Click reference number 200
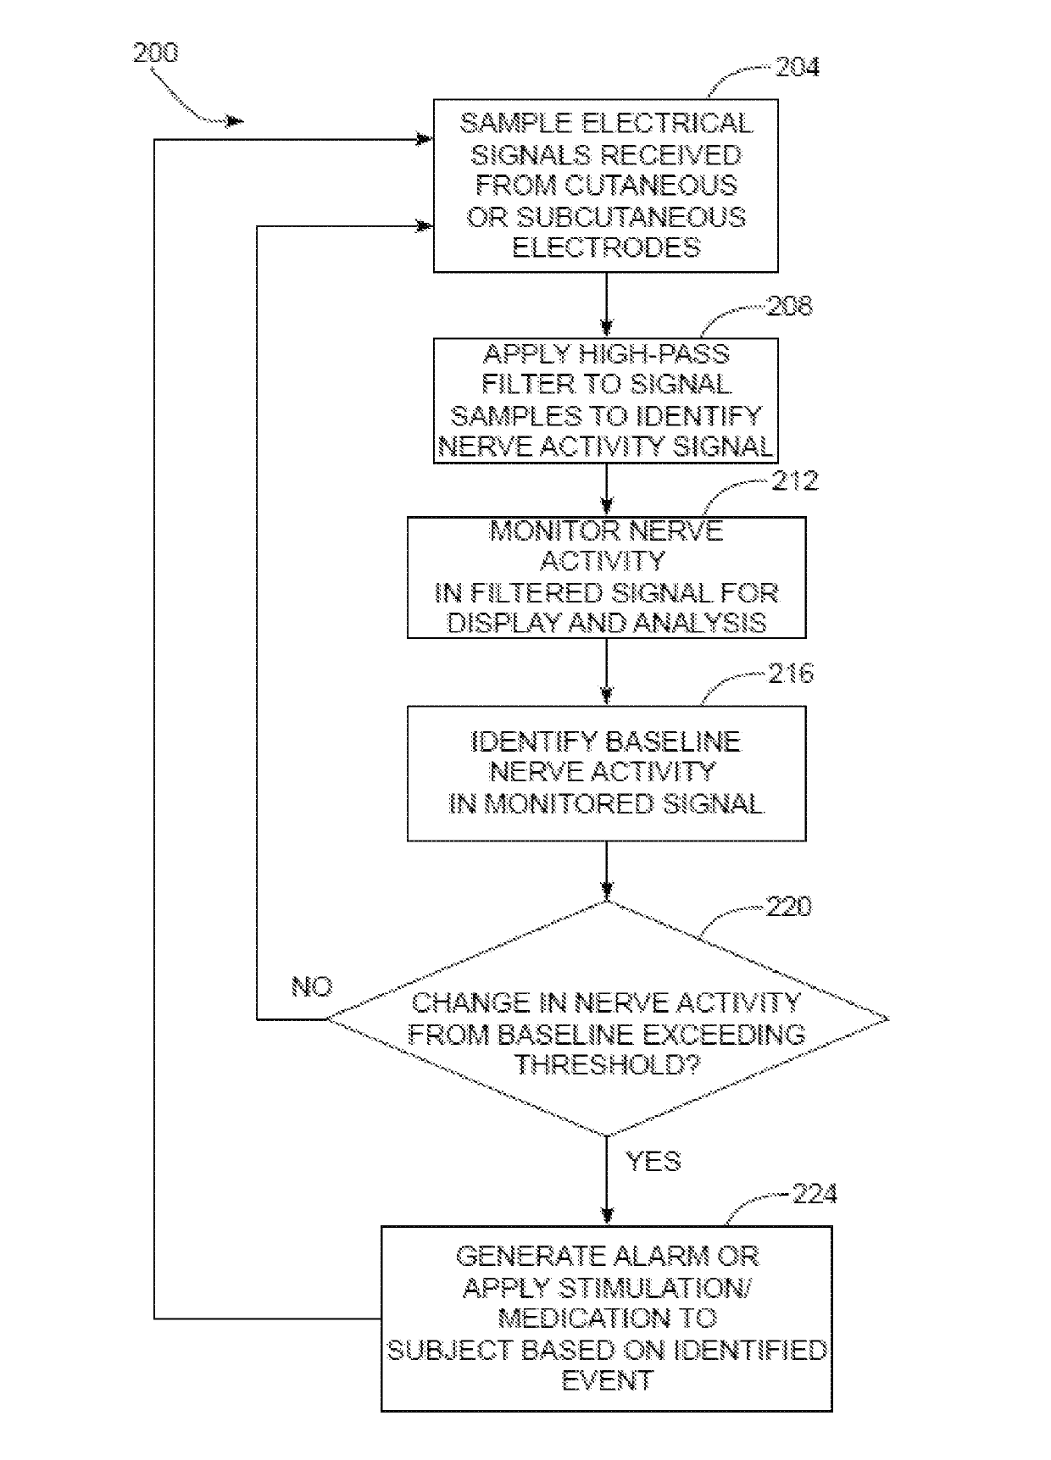(156, 53)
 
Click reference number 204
(798, 67)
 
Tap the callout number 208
(789, 306)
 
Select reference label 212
(795, 481)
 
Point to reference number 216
(791, 674)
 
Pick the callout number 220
(789, 907)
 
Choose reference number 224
(815, 1195)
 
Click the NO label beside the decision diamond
(312, 986)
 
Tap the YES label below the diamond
(653, 1160)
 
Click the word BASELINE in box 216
(673, 741)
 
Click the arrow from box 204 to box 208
(606, 305)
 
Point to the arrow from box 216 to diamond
(606, 870)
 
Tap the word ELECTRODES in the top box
(607, 247)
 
